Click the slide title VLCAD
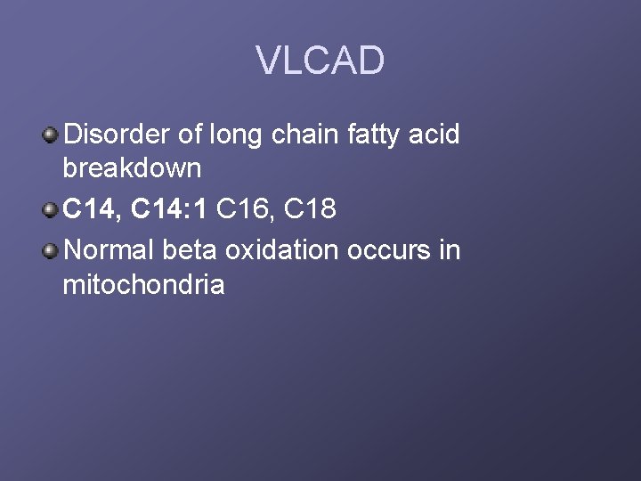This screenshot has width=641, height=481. pyautogui.click(x=320, y=61)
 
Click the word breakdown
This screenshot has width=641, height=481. pyautogui.click(x=132, y=167)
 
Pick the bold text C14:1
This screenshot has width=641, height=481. pyautogui.click(x=169, y=209)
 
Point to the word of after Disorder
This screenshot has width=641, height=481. pyautogui.click(x=189, y=135)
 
